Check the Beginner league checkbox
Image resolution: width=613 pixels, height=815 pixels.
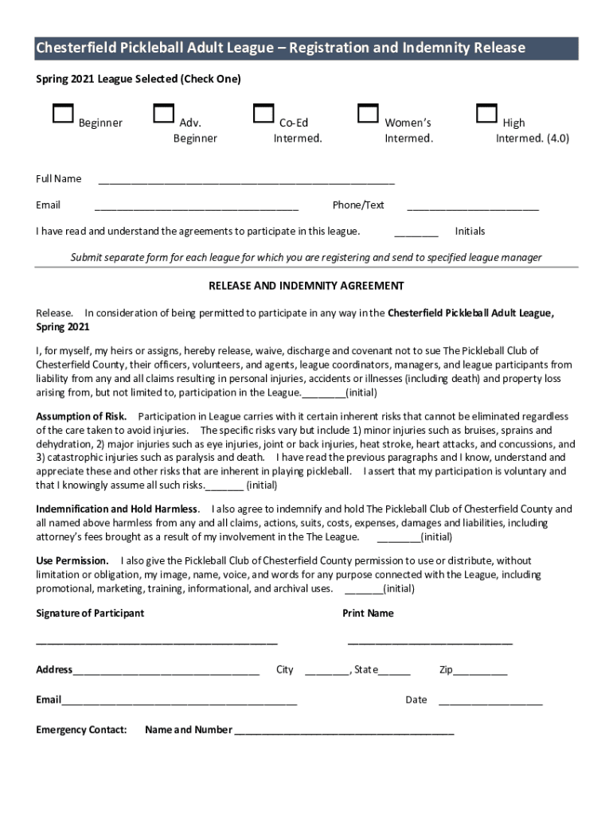[63, 114]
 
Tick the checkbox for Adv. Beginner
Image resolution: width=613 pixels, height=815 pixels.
[164, 114]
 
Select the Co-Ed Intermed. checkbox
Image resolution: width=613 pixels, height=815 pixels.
[264, 114]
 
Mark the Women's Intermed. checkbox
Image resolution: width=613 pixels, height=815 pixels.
[368, 114]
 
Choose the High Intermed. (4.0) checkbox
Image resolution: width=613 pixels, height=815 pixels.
[486, 114]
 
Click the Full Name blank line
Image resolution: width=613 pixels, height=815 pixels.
[246, 181]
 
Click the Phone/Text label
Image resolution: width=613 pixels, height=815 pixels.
[358, 205]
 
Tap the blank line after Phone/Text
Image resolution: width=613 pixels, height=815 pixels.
[473, 208]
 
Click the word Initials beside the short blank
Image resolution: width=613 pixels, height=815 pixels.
[470, 232]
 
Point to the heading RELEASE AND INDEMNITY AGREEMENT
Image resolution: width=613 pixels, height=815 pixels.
[306, 286]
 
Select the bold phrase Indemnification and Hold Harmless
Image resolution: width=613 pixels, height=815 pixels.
[117, 509]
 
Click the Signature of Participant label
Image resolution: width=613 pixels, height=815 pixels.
[90, 614]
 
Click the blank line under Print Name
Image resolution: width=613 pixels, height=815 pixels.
[430, 642]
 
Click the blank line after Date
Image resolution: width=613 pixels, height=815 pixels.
[490, 703]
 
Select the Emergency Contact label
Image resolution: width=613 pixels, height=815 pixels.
[81, 730]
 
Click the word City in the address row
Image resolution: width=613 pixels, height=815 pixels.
[285, 670]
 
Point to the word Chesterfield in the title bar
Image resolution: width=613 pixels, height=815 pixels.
[76, 49]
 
